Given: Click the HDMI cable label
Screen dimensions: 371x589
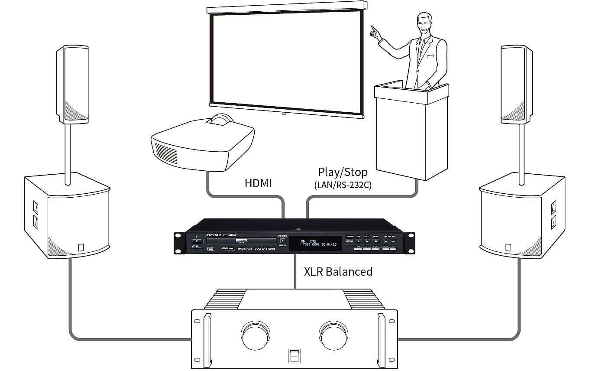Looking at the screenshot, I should [x=258, y=183].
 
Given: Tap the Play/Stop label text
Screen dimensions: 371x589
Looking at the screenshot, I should [x=343, y=172].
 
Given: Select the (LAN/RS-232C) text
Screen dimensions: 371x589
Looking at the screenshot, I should [x=343, y=185].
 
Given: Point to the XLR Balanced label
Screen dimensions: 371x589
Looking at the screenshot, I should [x=338, y=272].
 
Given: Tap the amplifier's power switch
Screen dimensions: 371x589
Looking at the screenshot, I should [x=294, y=355].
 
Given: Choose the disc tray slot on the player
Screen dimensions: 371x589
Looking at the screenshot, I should [x=241, y=240].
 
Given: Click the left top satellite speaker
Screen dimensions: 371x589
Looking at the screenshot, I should [x=72, y=85].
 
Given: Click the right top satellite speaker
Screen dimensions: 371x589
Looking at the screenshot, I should [x=516, y=85].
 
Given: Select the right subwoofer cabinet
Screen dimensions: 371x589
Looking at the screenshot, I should [x=522, y=217].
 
